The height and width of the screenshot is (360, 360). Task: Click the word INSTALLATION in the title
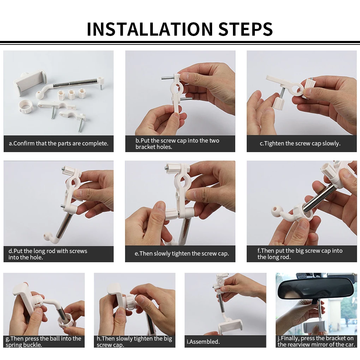(150, 29)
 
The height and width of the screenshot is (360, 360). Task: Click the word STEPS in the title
(245, 29)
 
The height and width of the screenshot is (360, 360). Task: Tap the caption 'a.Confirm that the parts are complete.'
(59, 144)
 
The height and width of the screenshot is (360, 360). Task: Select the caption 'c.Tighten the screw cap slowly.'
(300, 144)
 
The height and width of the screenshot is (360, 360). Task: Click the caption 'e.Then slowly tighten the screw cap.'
(182, 253)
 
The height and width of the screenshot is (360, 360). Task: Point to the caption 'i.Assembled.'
(203, 342)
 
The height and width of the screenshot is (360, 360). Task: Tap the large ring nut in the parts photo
(25, 107)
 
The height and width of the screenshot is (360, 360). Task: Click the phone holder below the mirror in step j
(315, 326)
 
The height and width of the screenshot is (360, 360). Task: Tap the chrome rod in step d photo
(64, 224)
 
